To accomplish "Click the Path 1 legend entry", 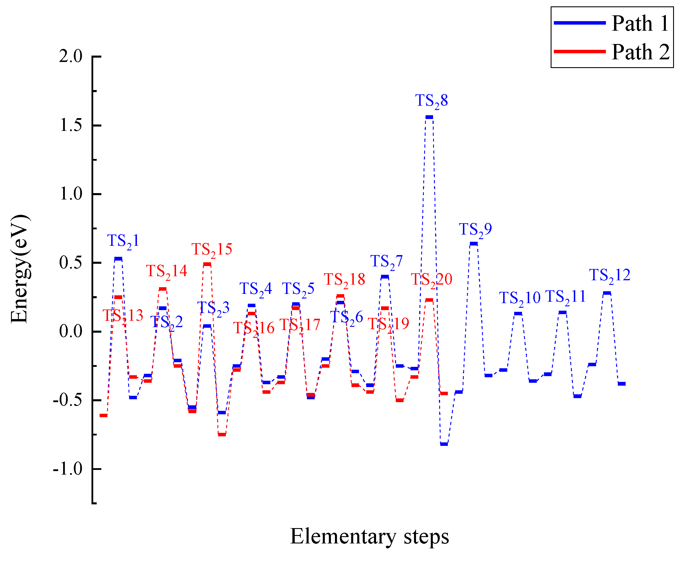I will click(x=612, y=23).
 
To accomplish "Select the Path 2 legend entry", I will click(x=612, y=52).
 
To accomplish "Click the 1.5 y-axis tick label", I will click(x=70, y=125).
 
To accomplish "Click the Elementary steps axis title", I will click(x=369, y=536).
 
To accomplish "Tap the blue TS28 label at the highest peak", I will click(x=431, y=100).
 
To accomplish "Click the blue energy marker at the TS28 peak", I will click(x=429, y=117).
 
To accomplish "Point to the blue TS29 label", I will click(x=475, y=229).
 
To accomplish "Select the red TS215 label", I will click(x=212, y=250).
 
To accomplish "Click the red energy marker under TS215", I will click(x=207, y=264).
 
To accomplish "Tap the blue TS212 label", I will click(x=610, y=275).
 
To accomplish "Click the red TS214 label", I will click(x=166, y=271).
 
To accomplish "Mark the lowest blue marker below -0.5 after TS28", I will click(x=444, y=444).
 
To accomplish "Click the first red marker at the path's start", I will click(x=103, y=415).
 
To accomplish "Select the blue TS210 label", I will click(x=520, y=298).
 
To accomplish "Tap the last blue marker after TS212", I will click(x=621, y=384).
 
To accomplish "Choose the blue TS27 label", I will click(x=386, y=261).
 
